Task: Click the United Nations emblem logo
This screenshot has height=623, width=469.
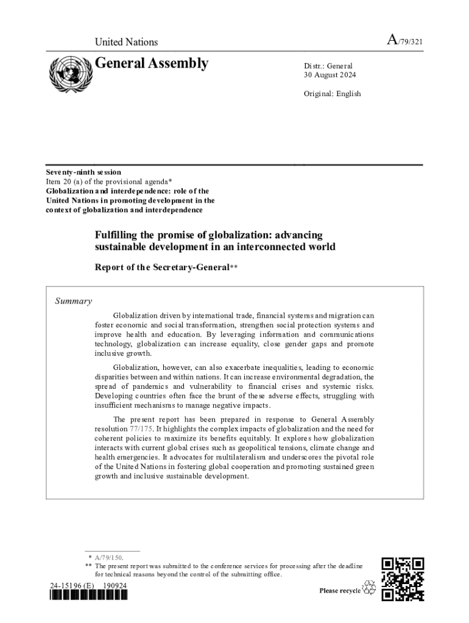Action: pos(68,74)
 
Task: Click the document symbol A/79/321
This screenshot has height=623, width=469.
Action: pos(405,41)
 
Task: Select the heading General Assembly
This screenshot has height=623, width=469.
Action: pos(152,63)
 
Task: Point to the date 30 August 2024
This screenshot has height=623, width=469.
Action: pos(330,75)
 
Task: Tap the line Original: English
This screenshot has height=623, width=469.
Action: pos(332,94)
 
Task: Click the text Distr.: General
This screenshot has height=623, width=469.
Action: pos(328,66)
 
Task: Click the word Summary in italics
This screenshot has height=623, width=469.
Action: pos(74,301)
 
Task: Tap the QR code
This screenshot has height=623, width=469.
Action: pos(403,579)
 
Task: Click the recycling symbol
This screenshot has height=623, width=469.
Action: pos(369,588)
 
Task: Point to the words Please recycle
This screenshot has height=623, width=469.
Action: pos(340,591)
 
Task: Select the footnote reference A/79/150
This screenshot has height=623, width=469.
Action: pos(108,557)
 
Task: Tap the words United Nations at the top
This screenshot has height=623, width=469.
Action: pos(126,42)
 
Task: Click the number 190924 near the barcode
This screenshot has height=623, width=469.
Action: pos(115,585)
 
